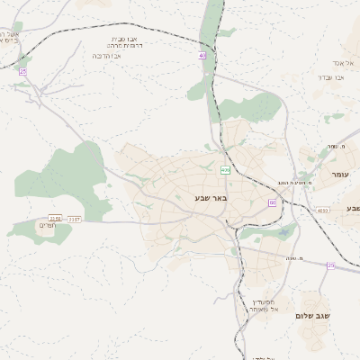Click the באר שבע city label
[211, 197]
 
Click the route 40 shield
[202, 56]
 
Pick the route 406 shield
[224, 169]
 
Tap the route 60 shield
[272, 202]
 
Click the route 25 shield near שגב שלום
[330, 265]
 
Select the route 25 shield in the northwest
[23, 71]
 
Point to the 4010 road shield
[322, 211]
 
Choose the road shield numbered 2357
[75, 219]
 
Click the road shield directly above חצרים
[55, 218]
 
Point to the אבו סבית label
[123, 39]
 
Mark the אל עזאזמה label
[267, 310]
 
